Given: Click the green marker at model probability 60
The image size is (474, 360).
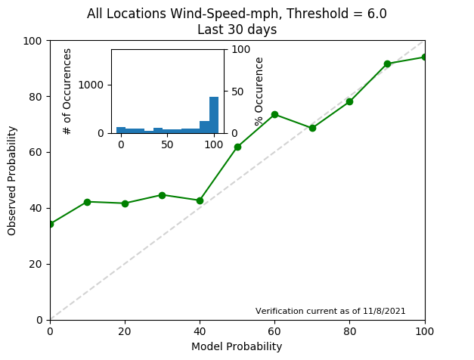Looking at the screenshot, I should click(274, 114).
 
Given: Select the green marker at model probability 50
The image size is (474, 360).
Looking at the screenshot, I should click(237, 147).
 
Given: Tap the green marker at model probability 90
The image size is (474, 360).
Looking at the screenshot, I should click(387, 64).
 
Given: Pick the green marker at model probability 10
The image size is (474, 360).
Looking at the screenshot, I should click(87, 202).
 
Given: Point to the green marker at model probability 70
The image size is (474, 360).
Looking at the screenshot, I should click(312, 128).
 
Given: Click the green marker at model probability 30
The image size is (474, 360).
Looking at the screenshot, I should click(162, 195).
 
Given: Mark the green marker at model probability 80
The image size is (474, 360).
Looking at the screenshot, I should click(349, 101).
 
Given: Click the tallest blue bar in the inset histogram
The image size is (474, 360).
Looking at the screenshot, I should click(214, 115).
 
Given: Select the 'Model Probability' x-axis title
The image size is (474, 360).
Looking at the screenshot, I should click(237, 346).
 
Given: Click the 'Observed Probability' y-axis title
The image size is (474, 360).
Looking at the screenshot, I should click(12, 180).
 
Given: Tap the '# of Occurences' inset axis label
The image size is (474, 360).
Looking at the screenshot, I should click(67, 91).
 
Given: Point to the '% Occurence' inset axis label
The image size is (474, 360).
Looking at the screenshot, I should click(259, 91).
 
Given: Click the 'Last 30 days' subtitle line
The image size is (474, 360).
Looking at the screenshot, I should click(237, 30).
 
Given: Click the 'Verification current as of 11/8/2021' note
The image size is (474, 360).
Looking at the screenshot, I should click(330, 311).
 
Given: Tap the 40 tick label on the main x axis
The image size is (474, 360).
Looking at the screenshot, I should click(200, 331).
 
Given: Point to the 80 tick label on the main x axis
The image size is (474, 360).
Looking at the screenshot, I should click(349, 331).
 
